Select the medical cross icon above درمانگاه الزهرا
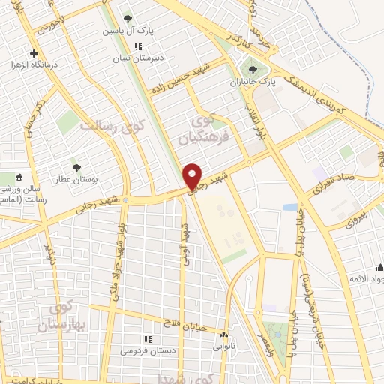pos(34,53)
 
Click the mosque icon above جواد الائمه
pos(379,268)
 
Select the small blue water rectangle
pos(289,207)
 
